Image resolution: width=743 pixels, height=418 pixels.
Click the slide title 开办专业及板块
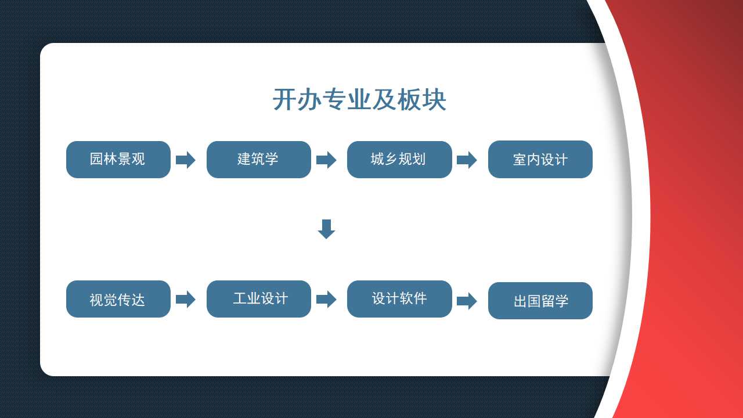pyautogui.click(x=359, y=99)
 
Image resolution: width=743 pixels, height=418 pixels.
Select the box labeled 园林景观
pyautogui.click(x=118, y=160)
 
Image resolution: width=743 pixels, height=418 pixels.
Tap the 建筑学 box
pyautogui.click(x=259, y=160)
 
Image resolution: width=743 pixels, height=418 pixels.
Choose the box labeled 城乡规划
pyautogui.click(x=399, y=160)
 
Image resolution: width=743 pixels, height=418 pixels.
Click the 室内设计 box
pyautogui.click(x=540, y=159)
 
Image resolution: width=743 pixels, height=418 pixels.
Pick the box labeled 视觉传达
pyautogui.click(x=118, y=299)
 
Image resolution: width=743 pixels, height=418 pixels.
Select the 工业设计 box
pyautogui.click(x=259, y=299)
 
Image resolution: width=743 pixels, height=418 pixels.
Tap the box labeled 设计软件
pyautogui.click(x=399, y=299)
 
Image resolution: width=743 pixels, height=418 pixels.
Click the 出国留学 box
pyautogui.click(x=540, y=301)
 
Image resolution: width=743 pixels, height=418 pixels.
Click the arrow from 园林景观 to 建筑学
pyautogui.click(x=185, y=160)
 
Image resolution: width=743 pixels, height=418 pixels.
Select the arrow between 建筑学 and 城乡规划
pyautogui.click(x=326, y=160)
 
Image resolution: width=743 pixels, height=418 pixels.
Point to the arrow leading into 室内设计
pyautogui.click(x=467, y=160)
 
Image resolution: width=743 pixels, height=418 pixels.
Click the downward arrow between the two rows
pyautogui.click(x=326, y=229)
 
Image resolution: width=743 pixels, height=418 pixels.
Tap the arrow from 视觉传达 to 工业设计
pyautogui.click(x=185, y=299)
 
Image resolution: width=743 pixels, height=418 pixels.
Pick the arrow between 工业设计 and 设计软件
pyautogui.click(x=326, y=299)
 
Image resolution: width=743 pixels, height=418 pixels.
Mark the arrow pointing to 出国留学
pyautogui.click(x=467, y=301)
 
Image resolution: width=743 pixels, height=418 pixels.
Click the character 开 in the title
pyautogui.click(x=284, y=99)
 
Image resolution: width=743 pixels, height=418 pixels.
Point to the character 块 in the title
pyautogui.click(x=434, y=99)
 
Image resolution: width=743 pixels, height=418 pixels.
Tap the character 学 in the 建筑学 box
pyautogui.click(x=272, y=159)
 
